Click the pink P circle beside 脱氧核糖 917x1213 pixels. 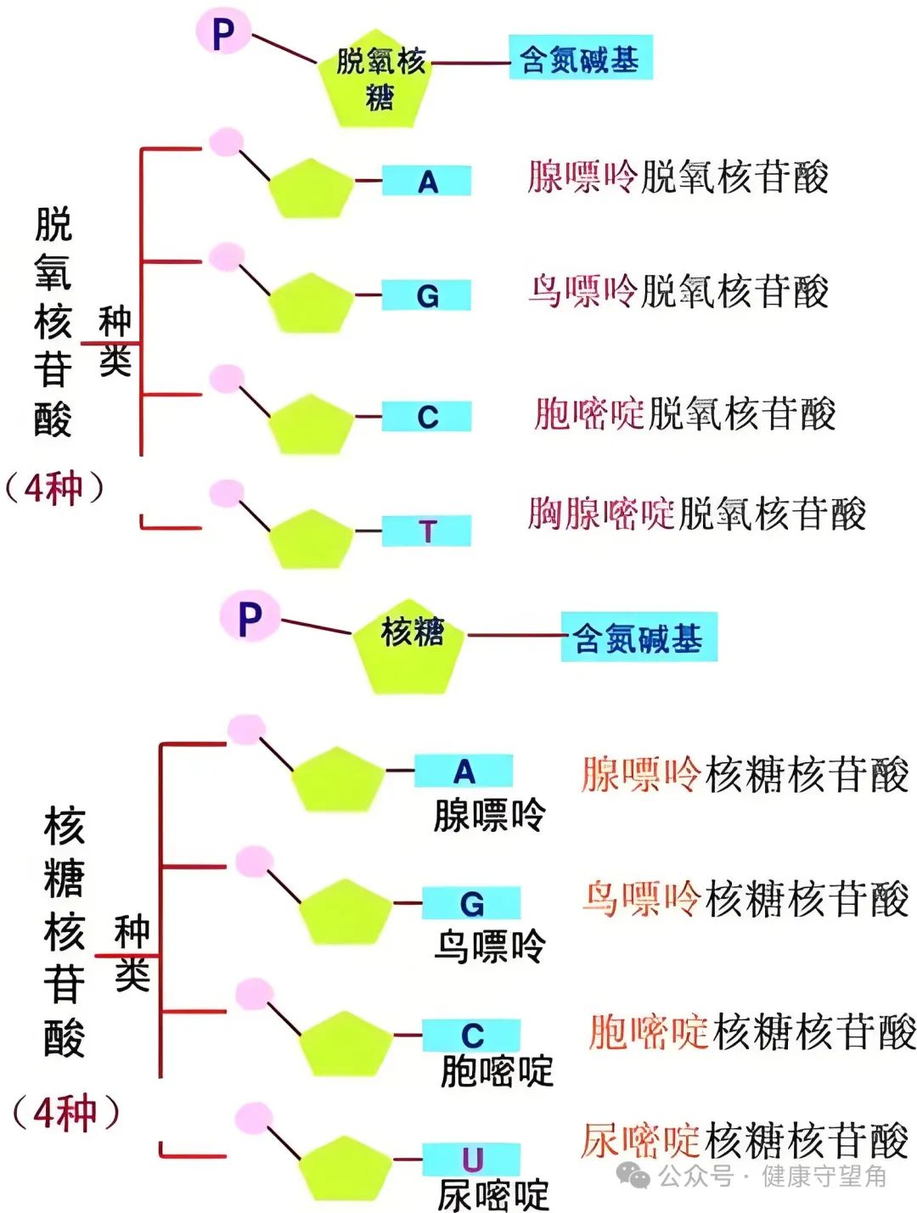point(223,31)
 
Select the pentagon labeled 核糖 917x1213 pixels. point(411,645)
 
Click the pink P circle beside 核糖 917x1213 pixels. point(250,617)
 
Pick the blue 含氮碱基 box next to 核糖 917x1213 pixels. point(639,637)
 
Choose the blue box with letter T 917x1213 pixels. point(427,531)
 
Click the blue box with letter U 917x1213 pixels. point(471,1159)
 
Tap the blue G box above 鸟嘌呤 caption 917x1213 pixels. point(471,903)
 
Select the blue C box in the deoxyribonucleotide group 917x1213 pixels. point(427,417)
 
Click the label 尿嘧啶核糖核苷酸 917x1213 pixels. point(745,1140)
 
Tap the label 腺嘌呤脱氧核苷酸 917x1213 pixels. point(678,177)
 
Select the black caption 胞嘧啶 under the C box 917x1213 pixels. point(497,1071)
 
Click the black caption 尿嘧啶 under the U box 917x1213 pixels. point(493,1195)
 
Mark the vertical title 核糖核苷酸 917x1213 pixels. point(65,932)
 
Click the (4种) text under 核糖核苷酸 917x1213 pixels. point(65,1113)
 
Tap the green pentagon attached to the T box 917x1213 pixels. point(311,540)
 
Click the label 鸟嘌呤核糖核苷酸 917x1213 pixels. point(745,898)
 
